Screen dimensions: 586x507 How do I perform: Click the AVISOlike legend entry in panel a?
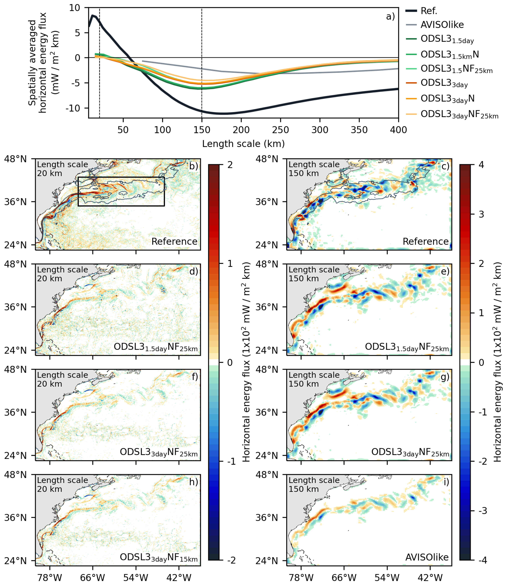click(x=442, y=25)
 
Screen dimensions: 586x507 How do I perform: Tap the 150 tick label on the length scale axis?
click(x=202, y=130)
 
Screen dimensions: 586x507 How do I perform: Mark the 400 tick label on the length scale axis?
click(x=398, y=130)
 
